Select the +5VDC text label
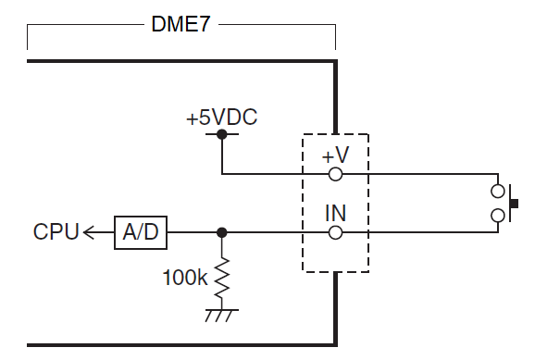[221, 118]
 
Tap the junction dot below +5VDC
[221, 134]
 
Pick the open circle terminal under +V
[335, 173]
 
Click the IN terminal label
[335, 214]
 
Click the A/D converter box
[142, 232]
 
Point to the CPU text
[56, 232]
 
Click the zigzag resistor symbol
[221, 279]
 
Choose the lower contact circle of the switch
[498, 215]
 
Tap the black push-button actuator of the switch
[514, 203]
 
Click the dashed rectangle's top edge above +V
[335, 134]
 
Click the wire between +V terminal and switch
[417, 173]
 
